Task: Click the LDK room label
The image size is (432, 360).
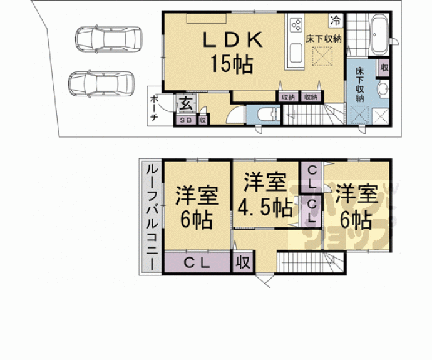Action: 231,40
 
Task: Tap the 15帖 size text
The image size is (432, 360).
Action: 231,63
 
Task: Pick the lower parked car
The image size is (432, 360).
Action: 102,81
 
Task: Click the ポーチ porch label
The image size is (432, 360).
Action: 154,108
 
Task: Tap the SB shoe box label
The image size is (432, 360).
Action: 185,120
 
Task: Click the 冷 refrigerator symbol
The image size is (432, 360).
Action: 336,19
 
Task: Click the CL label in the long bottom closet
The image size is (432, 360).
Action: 196,262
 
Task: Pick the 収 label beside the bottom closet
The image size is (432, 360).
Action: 243,262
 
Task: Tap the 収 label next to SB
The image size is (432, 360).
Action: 202,120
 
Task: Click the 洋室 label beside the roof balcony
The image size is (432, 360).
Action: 196,195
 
